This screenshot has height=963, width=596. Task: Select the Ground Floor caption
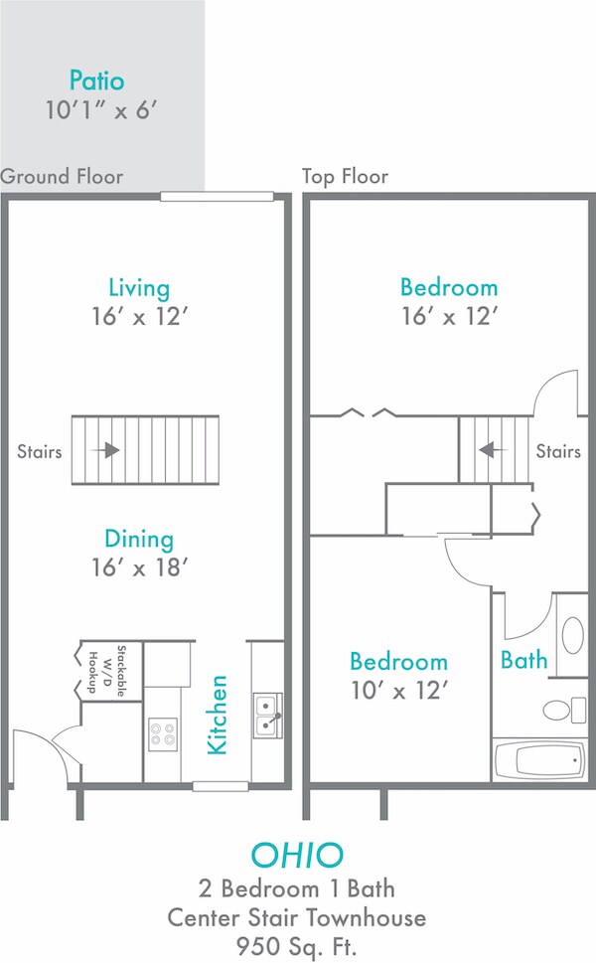62,177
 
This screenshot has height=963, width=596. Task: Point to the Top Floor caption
345,177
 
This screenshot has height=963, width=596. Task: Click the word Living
139,288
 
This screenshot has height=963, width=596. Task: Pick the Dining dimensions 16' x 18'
139,567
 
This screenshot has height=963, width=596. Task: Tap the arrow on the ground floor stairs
108,450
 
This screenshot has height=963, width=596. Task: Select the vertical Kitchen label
219,715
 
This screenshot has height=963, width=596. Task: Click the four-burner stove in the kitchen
163,734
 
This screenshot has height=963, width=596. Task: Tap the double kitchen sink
267,716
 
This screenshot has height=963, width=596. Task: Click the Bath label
523,659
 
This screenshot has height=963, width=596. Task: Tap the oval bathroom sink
572,634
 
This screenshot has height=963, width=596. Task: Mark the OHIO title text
297,855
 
